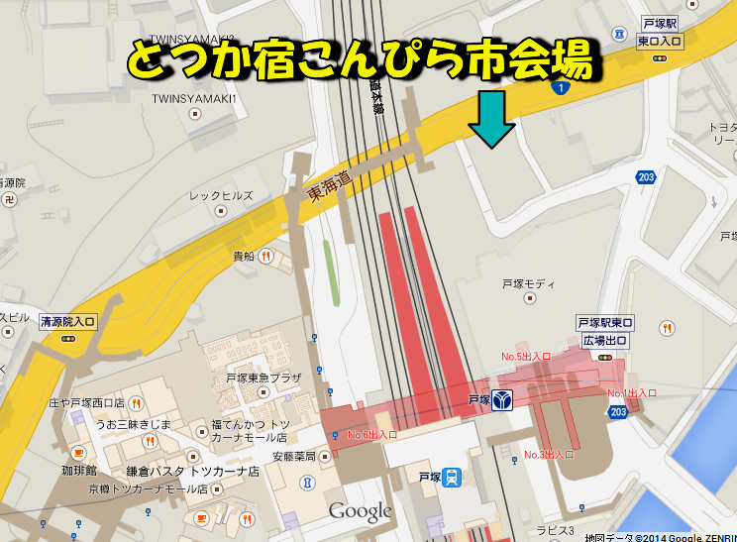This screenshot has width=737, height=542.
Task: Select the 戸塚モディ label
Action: [x=527, y=284]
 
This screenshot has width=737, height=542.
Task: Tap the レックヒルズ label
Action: [x=221, y=196]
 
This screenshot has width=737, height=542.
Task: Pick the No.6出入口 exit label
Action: [x=372, y=435]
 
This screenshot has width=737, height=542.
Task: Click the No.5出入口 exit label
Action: [x=525, y=357]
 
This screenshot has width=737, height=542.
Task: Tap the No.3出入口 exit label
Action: [x=549, y=454]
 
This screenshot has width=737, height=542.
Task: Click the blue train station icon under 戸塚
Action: [x=452, y=478]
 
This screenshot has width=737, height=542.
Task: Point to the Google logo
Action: [x=361, y=511]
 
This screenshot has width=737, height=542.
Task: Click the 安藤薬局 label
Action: [x=293, y=457]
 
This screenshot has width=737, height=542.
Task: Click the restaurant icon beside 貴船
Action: [x=264, y=257]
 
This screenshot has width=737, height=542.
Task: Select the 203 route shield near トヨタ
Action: [x=647, y=177]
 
